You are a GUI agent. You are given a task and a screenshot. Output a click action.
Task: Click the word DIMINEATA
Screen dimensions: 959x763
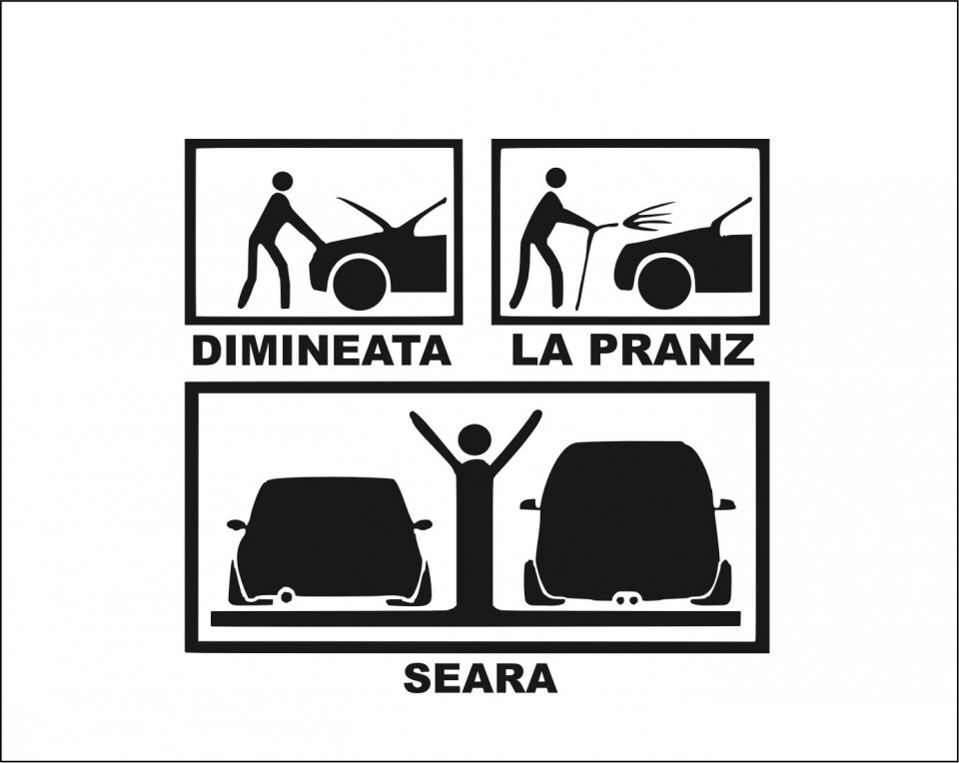pos(322,351)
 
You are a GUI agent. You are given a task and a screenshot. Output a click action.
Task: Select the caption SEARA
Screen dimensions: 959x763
pos(480,679)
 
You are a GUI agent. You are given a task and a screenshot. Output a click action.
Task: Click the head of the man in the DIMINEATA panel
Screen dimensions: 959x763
pos(283,181)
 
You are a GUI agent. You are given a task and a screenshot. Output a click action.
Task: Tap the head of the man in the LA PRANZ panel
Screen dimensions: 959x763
pos(556,179)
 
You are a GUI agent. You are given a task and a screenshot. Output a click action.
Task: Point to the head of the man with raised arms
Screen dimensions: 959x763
pos(476,440)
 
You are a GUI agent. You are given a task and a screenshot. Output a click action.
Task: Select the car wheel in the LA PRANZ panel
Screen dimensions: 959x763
pos(665,283)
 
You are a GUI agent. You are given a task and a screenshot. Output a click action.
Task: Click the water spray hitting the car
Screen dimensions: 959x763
pos(647,217)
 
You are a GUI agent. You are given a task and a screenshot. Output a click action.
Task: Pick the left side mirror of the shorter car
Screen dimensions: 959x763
pos(237,525)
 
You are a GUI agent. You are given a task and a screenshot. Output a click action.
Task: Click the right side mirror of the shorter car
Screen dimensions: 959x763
pos(422,525)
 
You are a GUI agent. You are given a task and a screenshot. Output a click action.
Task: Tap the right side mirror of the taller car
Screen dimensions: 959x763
pos(724,503)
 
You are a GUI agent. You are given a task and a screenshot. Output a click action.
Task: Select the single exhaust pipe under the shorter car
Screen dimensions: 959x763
pos(286,593)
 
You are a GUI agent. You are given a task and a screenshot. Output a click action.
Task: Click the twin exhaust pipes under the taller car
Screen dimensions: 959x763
pos(622,600)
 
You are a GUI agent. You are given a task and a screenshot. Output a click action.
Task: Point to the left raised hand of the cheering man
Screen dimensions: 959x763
pos(416,417)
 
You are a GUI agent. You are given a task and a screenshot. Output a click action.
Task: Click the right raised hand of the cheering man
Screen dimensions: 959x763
pos(535,417)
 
